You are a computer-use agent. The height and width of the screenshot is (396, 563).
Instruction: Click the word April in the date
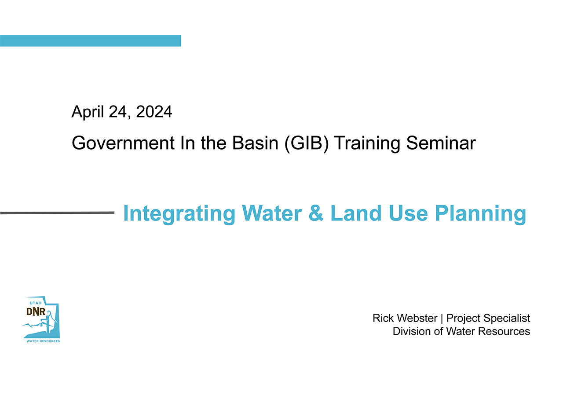click(x=88, y=112)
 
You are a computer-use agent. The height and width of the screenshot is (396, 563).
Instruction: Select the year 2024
click(x=154, y=111)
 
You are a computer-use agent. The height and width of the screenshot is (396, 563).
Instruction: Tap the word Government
click(x=123, y=143)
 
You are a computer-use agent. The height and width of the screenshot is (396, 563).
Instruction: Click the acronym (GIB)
click(x=307, y=143)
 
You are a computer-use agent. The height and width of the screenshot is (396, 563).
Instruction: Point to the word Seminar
click(x=441, y=143)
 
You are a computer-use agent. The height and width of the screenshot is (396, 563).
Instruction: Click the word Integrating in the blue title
click(x=179, y=214)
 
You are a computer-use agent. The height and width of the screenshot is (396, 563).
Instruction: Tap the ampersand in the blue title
click(x=316, y=213)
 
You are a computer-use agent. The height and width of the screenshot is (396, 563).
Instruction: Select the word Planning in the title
click(x=480, y=214)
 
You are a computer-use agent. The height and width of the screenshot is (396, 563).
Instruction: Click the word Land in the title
click(x=356, y=213)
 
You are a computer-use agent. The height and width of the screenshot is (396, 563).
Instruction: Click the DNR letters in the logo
click(x=36, y=312)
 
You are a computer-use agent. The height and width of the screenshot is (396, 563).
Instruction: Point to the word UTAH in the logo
click(x=36, y=303)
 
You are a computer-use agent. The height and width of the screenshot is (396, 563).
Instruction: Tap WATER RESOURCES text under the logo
click(x=43, y=341)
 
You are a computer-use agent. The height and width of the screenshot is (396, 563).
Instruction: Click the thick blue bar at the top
click(x=91, y=41)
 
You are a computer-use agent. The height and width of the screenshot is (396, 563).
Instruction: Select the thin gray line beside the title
click(x=57, y=213)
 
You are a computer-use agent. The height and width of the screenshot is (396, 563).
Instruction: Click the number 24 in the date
click(x=117, y=112)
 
